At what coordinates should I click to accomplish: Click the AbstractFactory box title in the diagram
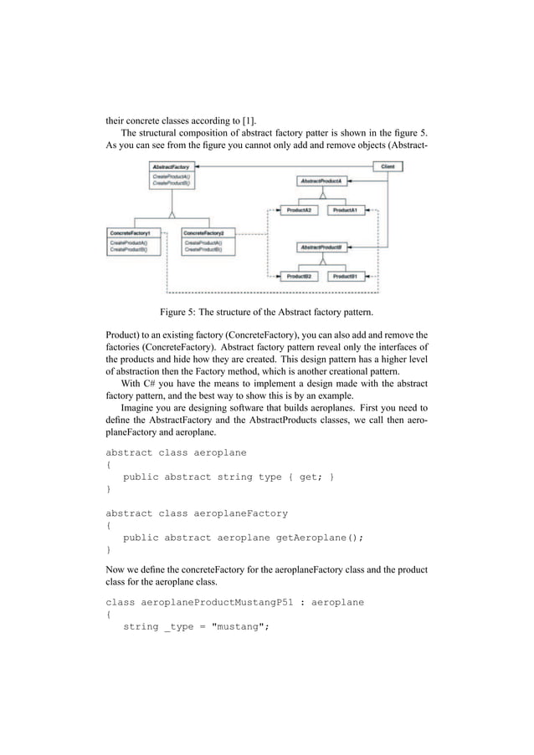170,167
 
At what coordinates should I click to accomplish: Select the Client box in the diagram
388,167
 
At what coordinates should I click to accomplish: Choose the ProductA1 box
347,210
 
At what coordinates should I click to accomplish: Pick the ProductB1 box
347,275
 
